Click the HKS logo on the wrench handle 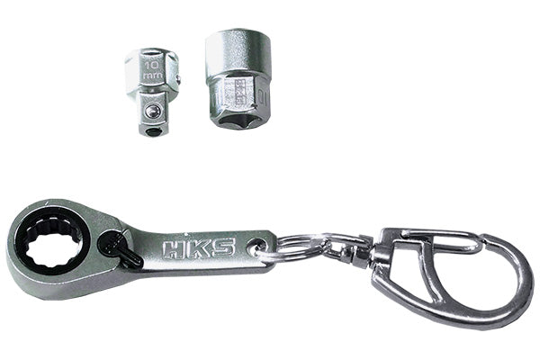click(x=198, y=247)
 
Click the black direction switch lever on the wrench click(x=121, y=249)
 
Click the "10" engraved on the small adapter click(x=152, y=64)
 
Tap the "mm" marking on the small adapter click(x=152, y=77)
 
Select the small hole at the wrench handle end click(x=258, y=245)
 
